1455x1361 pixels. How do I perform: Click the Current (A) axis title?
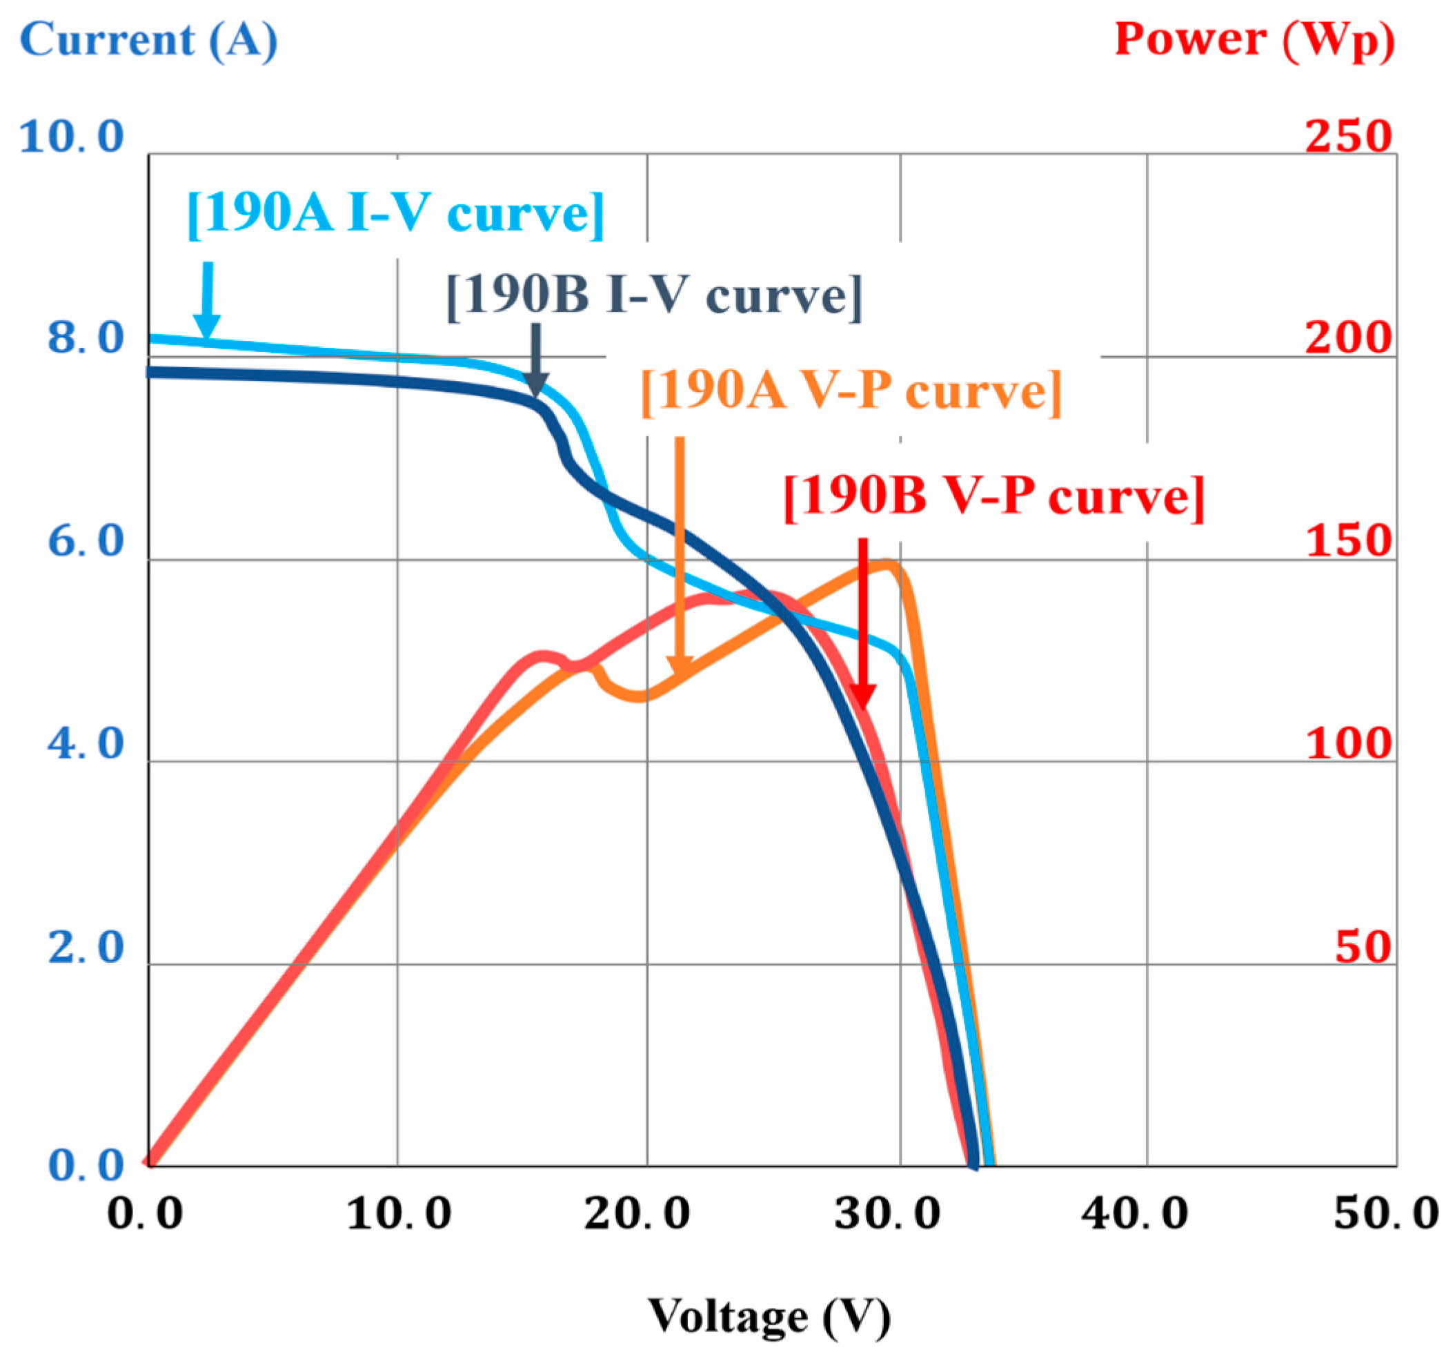click(148, 39)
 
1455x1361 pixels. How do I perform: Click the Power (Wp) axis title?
click(1254, 39)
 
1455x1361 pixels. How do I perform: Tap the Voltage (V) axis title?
click(769, 1315)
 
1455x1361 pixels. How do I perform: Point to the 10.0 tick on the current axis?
click(71, 137)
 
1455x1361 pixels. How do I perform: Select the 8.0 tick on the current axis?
click(86, 338)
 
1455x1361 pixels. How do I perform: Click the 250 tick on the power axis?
click(1347, 137)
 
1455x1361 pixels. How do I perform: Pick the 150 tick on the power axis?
click(1347, 541)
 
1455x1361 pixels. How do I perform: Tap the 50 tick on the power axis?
click(1362, 947)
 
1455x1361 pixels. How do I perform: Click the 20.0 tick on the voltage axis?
click(637, 1213)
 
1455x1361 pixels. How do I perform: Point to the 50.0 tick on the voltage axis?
click(1385, 1213)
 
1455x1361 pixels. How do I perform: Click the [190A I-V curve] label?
click(395, 214)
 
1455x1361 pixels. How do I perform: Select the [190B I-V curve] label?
click(654, 296)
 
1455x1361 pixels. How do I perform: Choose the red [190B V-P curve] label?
click(993, 496)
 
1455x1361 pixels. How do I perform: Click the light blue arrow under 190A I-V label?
click(208, 300)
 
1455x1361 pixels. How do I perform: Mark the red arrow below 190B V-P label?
click(863, 623)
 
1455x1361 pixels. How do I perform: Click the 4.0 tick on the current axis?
click(86, 744)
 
